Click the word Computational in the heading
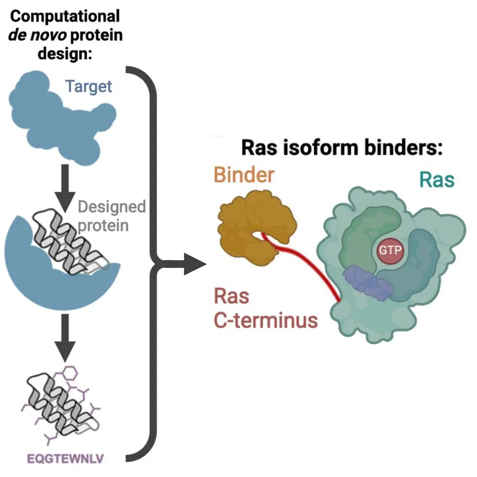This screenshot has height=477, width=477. click(x=65, y=16)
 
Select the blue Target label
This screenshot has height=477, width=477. click(x=88, y=86)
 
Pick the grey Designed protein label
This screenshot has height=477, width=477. click(x=111, y=216)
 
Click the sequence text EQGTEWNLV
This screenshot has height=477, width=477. click(x=65, y=460)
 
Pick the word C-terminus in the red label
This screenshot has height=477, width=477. click(x=265, y=319)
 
